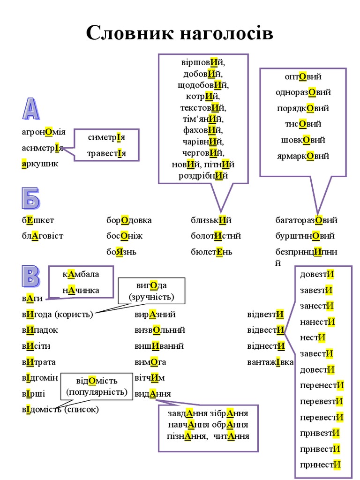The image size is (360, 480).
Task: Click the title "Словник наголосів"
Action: (180, 33)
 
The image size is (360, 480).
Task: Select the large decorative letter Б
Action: (30, 199)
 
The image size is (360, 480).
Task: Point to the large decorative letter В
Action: (30, 276)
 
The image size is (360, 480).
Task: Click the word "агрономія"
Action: (44, 132)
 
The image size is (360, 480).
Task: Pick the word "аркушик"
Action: (40, 164)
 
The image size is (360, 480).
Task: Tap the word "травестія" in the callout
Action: (106, 153)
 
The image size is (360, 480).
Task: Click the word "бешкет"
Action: (37, 220)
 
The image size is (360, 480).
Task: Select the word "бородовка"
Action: (129, 220)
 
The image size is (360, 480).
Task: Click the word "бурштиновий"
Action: (305, 236)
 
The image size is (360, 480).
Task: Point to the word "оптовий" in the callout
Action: (303, 76)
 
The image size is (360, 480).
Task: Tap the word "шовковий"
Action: (303, 140)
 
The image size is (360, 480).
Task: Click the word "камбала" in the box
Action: (81, 274)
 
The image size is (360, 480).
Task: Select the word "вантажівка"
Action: (270, 362)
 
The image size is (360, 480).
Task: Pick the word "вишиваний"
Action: (159, 346)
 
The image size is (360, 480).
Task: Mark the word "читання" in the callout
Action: (231, 436)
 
